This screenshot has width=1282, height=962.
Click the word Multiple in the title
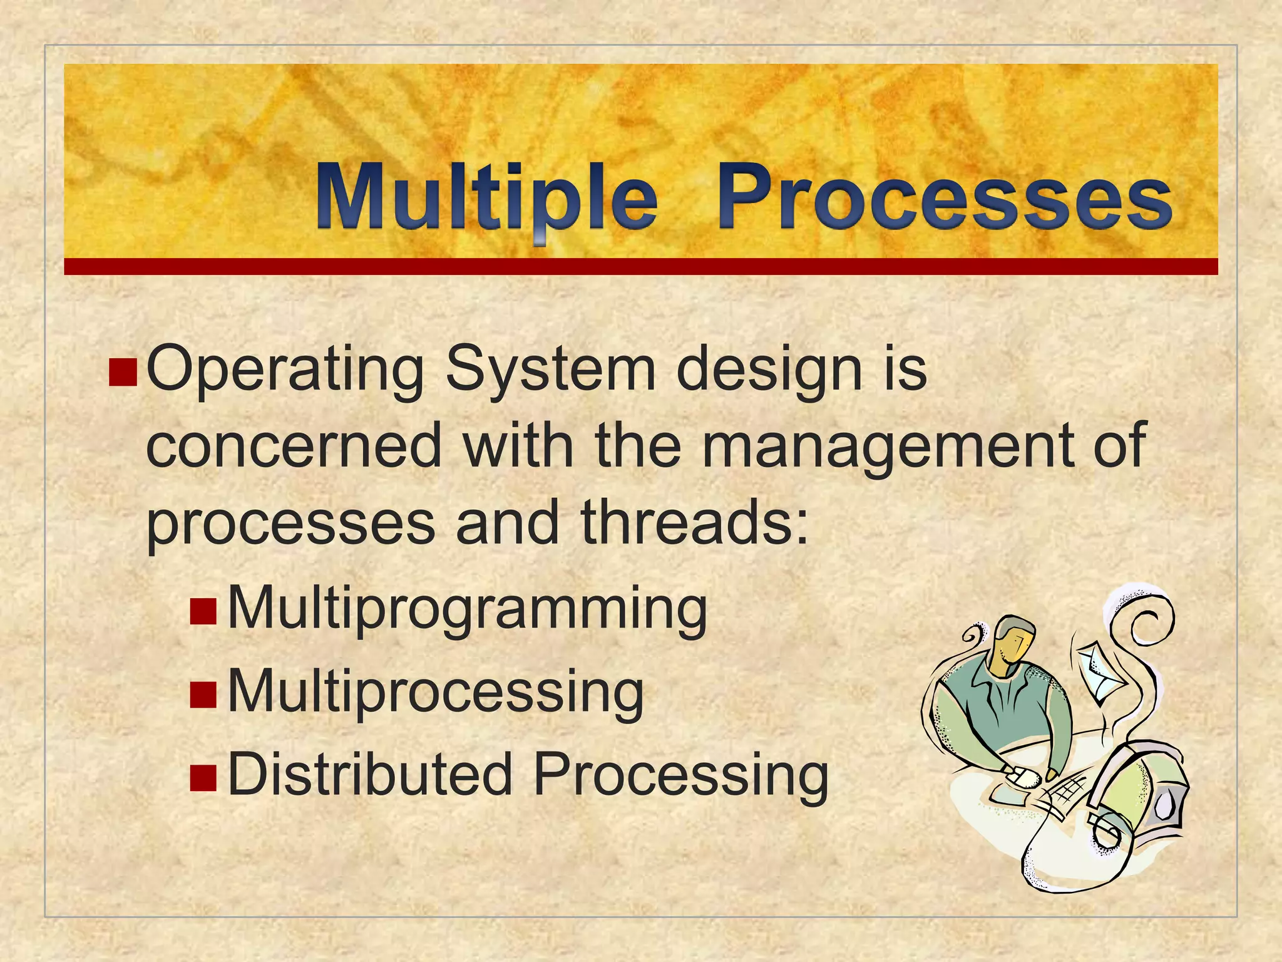coord(485,197)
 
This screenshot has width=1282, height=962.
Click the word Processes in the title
coord(944,197)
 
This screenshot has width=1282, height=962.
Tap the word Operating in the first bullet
coord(285,371)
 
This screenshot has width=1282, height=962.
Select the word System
coord(550,371)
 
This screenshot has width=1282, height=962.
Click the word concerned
coord(294,446)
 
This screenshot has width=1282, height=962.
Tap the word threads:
coord(695,523)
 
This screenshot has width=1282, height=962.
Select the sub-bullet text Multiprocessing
coord(435,692)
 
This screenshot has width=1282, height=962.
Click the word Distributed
coord(369,775)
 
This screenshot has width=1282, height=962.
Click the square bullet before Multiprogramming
coord(203,611)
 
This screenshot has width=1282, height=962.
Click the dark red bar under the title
coord(640,267)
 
